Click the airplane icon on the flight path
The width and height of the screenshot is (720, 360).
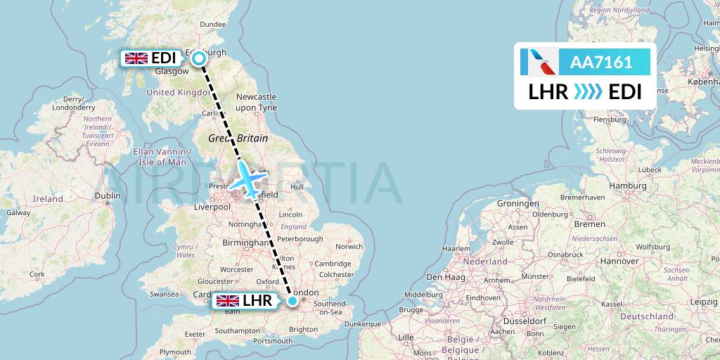pyautogui.click(x=247, y=179)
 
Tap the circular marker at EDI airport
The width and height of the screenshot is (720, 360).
pyautogui.click(x=200, y=58)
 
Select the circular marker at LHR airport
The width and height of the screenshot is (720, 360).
pyautogui.click(x=292, y=301)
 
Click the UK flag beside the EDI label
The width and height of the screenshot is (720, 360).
pyautogui.click(x=136, y=58)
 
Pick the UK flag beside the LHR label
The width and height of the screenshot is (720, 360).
pyautogui.click(x=228, y=301)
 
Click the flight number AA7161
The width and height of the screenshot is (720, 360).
pyautogui.click(x=601, y=63)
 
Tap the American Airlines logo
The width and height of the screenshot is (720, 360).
pyautogui.click(x=539, y=63)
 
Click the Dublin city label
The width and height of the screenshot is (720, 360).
pyautogui.click(x=107, y=196)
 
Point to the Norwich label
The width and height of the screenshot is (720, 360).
pyautogui.click(x=349, y=247)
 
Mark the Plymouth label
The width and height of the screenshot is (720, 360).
pyautogui.click(x=176, y=352)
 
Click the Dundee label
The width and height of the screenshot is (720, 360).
pyautogui.click(x=212, y=25)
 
